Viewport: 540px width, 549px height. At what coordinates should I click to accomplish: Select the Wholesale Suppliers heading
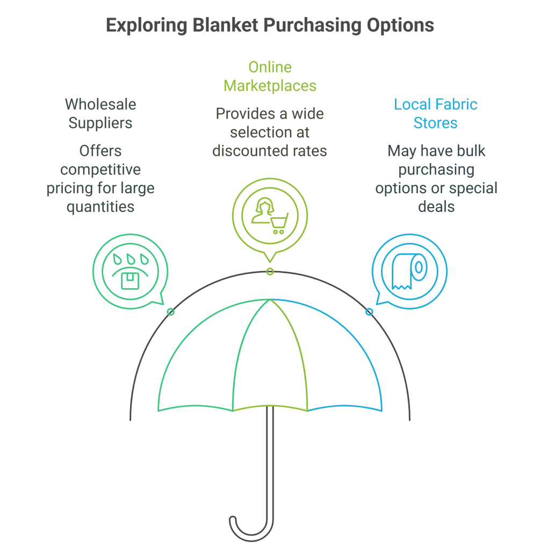pos(100,113)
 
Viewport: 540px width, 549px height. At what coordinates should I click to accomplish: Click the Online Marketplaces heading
pos(270,76)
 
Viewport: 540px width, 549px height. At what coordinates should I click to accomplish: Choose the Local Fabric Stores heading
pos(435,113)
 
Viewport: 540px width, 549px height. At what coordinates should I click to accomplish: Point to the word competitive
pos(100,170)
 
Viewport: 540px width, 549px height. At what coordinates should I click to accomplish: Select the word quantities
pos(100,207)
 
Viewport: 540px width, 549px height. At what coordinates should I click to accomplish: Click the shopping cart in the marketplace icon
pos(278,222)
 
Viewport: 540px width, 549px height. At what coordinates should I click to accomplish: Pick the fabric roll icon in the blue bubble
pos(409,272)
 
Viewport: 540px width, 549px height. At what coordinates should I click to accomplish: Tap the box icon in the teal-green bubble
pos(130,280)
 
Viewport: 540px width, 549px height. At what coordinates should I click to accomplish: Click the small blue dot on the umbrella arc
pos(369,312)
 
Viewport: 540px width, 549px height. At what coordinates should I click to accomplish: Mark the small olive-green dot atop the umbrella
pos(270,272)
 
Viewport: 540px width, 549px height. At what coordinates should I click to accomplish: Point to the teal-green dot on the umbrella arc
pos(171,312)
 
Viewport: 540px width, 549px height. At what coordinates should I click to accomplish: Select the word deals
pos(436,207)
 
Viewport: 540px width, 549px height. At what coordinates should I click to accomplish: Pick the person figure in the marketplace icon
pos(263,211)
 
